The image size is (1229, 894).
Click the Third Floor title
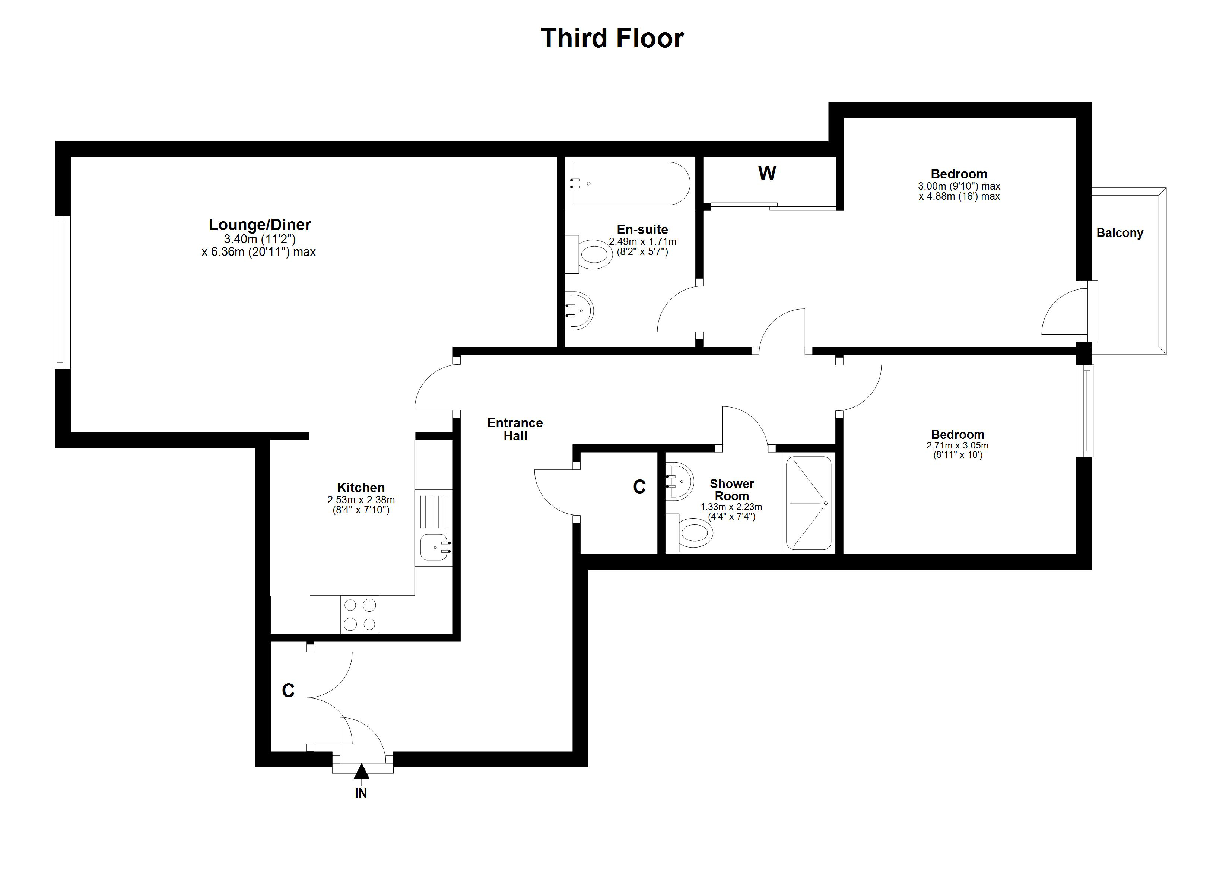point(612,38)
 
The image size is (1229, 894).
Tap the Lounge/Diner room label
point(260,225)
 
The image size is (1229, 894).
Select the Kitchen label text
point(361,487)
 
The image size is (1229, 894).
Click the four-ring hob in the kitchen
point(360,614)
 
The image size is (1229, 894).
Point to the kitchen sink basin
point(435,548)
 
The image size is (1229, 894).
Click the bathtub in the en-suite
point(630,183)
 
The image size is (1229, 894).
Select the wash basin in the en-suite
point(579,311)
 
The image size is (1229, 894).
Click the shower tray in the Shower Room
point(809,503)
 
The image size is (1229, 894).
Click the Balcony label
point(1120,232)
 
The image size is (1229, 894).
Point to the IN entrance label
point(361,793)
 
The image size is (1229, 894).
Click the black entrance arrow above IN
point(362,770)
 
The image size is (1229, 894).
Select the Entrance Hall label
point(515,429)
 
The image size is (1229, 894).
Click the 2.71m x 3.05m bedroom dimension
point(958,446)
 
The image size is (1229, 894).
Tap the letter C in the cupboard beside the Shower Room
point(639,487)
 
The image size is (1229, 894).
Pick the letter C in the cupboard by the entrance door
point(288,690)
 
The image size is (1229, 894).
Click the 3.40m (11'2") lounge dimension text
point(260,239)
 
